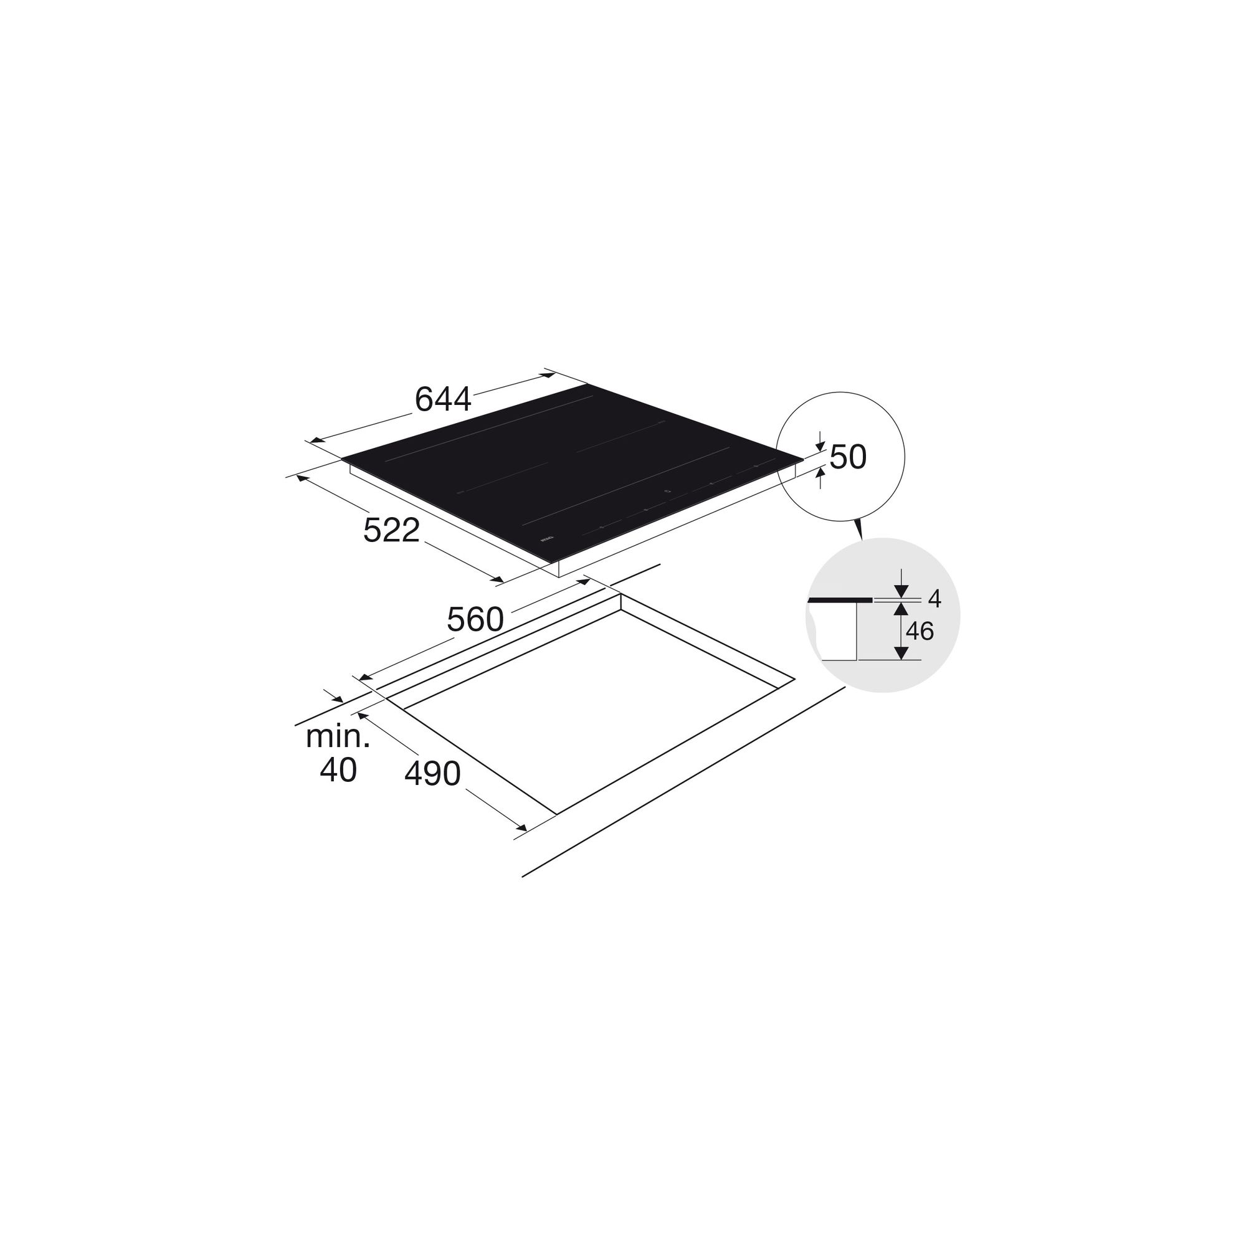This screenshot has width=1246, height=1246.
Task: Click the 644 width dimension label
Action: (443, 399)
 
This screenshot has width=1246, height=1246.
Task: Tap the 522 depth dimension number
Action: (391, 530)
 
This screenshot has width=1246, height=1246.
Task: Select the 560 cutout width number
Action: (475, 620)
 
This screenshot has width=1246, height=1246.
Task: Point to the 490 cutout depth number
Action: (432, 774)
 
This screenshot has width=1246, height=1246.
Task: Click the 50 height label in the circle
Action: (847, 457)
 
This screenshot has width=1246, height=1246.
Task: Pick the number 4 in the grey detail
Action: (934, 599)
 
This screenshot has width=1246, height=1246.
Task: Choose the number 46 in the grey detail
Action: (920, 631)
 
